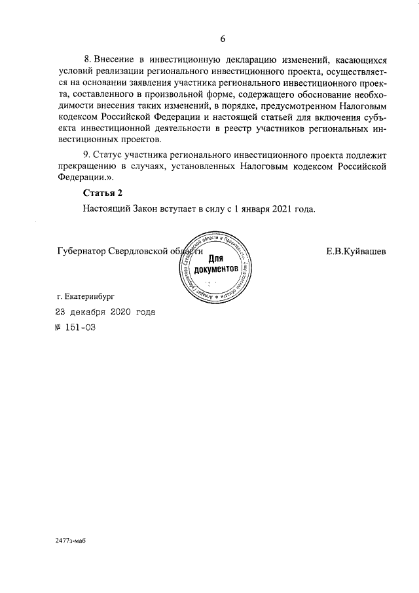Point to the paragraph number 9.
pyautogui.click(x=87, y=155)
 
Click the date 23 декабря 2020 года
pyautogui.click(x=105, y=313)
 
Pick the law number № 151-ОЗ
pyautogui.click(x=76, y=328)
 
